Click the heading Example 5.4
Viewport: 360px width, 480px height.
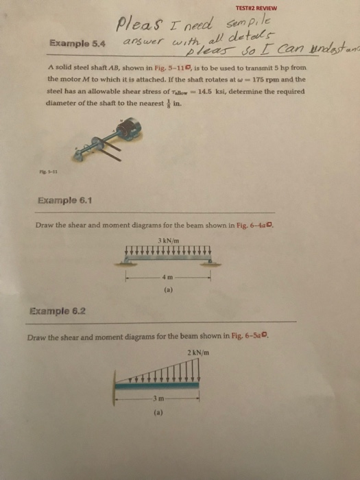(69, 43)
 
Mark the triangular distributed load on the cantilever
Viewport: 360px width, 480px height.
(168, 373)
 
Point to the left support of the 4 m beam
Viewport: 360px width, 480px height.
(128, 263)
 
